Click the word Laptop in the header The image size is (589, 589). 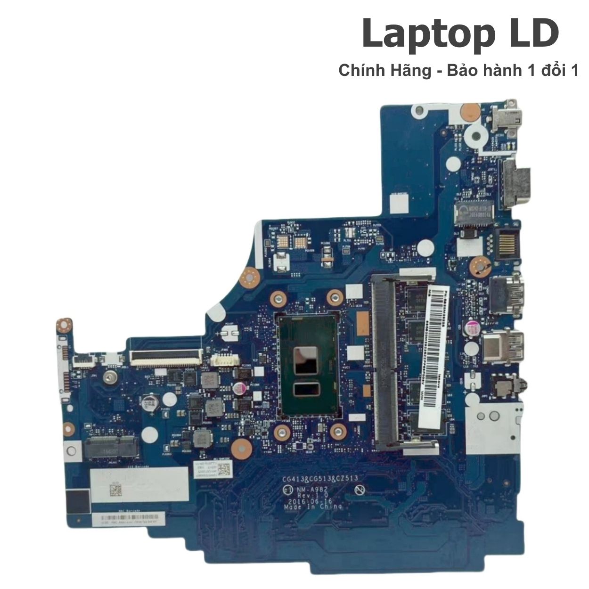tap(422, 34)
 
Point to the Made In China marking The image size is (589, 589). tap(313, 507)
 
